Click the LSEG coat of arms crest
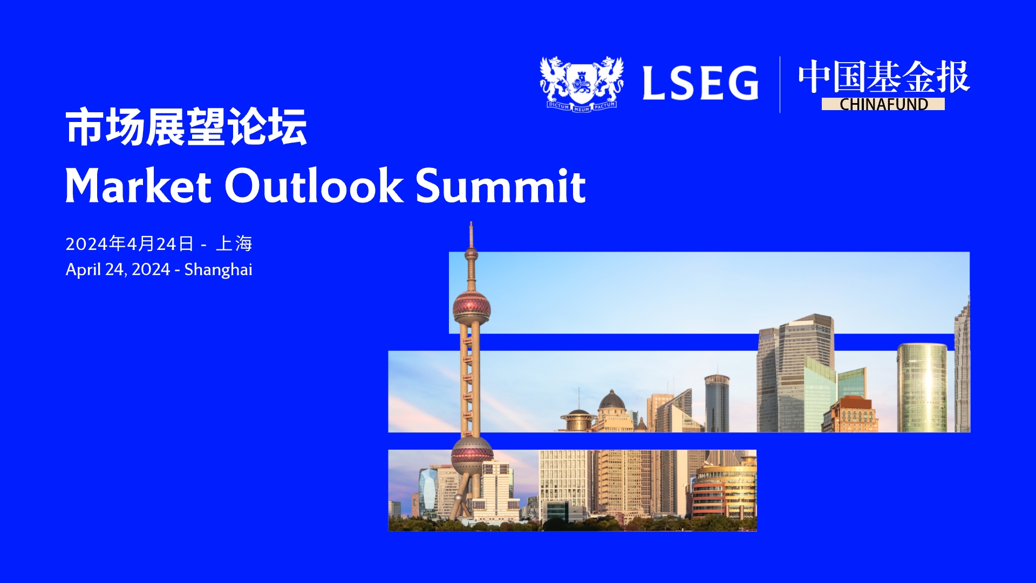(x=582, y=84)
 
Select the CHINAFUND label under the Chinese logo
(x=883, y=104)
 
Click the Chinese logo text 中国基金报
(x=884, y=77)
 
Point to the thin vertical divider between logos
(x=780, y=84)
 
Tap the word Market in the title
(x=138, y=185)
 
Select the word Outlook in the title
(x=313, y=185)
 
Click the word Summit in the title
(x=501, y=185)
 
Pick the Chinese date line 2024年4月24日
(x=129, y=243)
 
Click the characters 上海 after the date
(x=234, y=243)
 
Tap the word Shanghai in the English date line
(x=219, y=269)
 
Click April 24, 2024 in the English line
(x=118, y=269)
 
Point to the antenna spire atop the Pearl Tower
(x=471, y=235)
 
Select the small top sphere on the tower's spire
(x=471, y=253)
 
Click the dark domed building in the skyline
(x=612, y=401)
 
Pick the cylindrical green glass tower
(x=922, y=388)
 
